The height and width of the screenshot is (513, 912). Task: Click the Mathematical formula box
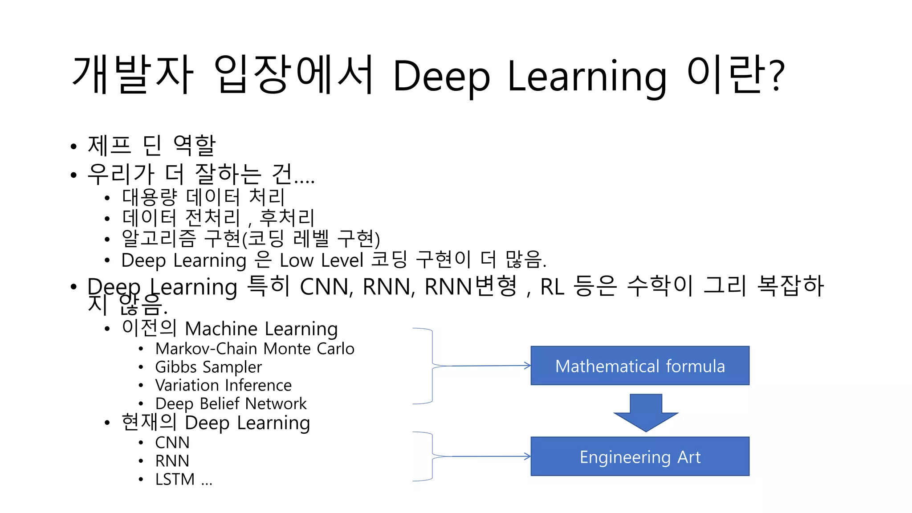[x=639, y=366]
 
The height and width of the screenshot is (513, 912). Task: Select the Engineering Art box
[x=639, y=456]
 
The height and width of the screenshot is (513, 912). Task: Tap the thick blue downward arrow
[x=646, y=412]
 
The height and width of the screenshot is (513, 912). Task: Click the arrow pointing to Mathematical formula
[x=490, y=366]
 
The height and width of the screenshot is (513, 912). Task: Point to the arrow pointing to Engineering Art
[x=490, y=456]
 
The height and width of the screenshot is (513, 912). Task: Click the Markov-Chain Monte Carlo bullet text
[x=255, y=349]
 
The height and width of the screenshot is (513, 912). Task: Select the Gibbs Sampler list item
[x=208, y=367]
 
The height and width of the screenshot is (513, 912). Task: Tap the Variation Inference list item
[x=223, y=385]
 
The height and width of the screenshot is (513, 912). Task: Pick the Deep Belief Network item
[x=231, y=403]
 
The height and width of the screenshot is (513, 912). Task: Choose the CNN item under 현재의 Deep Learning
[x=172, y=443]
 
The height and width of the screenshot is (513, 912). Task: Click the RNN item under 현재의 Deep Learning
[x=172, y=461]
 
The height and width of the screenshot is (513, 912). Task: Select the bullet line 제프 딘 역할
[x=151, y=145]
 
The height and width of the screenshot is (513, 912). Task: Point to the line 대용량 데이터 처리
[x=203, y=197]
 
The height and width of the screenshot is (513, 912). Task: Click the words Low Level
[x=321, y=260]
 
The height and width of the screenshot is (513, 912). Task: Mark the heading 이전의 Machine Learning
[x=230, y=329]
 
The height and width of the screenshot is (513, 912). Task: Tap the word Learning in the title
[x=587, y=77]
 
